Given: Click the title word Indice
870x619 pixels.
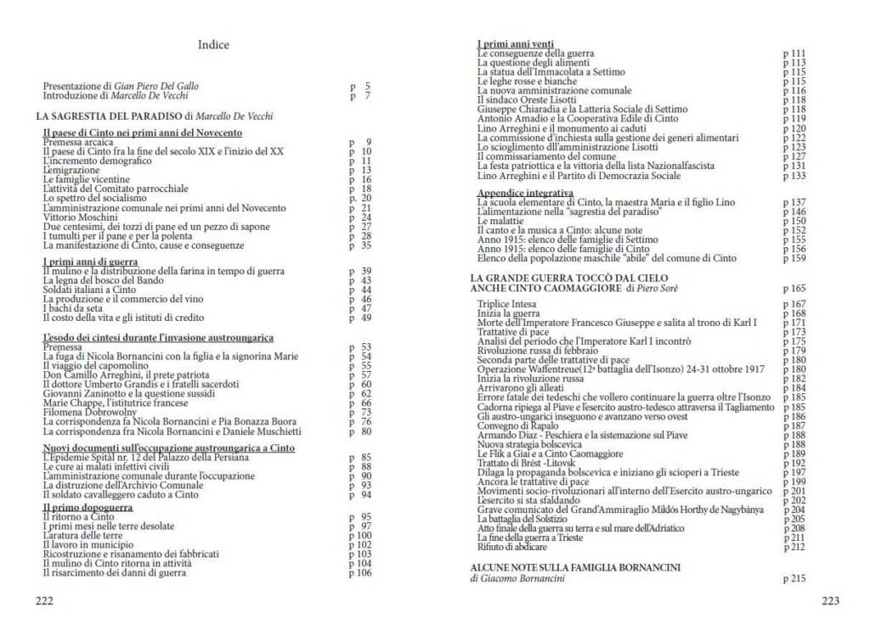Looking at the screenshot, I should (213, 45).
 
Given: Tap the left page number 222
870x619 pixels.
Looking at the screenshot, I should (44, 602).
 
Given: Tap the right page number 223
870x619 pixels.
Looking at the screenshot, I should (830, 602).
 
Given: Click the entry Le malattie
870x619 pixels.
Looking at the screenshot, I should (500, 221).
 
